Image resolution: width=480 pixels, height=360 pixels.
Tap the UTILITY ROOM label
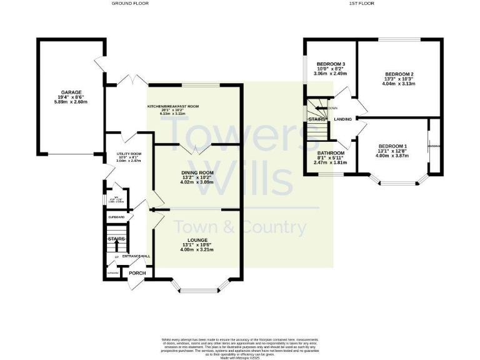click(x=129, y=154)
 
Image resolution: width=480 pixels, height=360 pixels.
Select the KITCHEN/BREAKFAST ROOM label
click(x=173, y=107)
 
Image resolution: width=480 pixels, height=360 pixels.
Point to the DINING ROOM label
click(x=197, y=172)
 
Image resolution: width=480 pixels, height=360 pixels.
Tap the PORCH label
click(x=137, y=273)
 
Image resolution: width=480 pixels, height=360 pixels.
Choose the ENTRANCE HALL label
click(x=136, y=256)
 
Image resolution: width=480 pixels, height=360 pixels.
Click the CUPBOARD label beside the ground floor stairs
click(x=117, y=217)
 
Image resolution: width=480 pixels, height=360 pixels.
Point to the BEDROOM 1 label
click(x=392, y=146)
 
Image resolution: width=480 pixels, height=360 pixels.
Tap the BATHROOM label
click(x=331, y=153)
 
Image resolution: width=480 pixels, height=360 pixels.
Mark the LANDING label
click(x=342, y=119)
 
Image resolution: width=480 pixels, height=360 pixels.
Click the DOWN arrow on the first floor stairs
click(x=323, y=108)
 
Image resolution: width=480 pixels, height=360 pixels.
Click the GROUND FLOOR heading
click(x=130, y=3)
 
